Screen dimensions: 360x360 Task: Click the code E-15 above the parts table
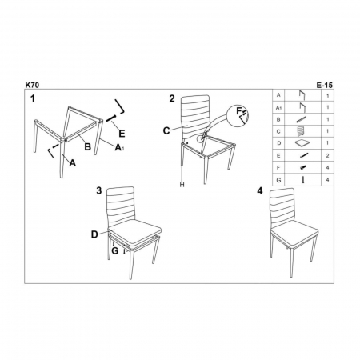[x=326, y=82]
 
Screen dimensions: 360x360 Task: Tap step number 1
[x=33, y=98]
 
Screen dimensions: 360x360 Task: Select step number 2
[x=171, y=98]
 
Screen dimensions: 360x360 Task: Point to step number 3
[x=98, y=190]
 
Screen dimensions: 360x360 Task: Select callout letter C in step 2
[x=167, y=130]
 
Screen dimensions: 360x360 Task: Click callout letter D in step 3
[x=94, y=234]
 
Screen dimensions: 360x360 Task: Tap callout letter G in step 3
[x=114, y=250]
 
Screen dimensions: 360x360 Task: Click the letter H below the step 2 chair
[x=182, y=186]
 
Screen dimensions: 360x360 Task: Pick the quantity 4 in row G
[x=327, y=182]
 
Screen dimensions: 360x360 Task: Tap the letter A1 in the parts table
[x=278, y=106]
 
